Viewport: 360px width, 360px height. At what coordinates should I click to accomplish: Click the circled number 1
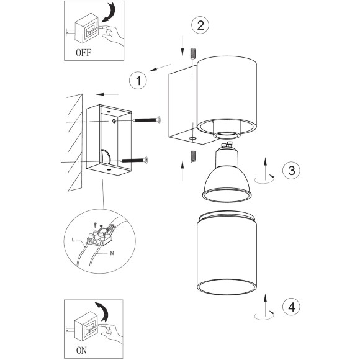[138, 80]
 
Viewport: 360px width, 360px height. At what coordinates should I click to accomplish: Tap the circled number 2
[200, 25]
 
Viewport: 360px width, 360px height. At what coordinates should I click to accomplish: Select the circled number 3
[291, 170]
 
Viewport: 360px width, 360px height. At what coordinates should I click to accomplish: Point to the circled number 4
[291, 307]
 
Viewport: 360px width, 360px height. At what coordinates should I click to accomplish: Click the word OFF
[84, 53]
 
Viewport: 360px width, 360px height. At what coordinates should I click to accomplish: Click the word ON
[81, 350]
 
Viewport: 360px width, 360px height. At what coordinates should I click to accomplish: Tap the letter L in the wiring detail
[73, 240]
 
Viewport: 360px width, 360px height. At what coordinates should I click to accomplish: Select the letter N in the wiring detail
[112, 253]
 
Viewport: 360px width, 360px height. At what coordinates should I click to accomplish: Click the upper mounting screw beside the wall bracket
[147, 120]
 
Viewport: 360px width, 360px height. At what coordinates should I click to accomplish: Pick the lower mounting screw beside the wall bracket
[134, 160]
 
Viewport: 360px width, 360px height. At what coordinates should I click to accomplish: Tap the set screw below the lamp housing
[193, 156]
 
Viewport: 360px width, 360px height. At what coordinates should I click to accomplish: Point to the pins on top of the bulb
[226, 145]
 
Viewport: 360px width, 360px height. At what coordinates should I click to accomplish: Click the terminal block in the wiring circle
[99, 238]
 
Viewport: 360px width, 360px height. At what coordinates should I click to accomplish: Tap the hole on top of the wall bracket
[109, 112]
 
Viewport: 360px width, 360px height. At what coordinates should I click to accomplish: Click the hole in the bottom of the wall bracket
[109, 170]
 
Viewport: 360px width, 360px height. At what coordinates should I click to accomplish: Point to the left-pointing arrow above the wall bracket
[107, 94]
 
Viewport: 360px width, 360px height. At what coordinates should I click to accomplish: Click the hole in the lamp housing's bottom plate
[192, 138]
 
